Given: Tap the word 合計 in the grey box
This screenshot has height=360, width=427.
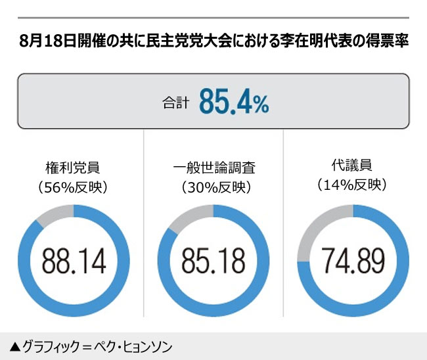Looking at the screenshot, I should point(175,103).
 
